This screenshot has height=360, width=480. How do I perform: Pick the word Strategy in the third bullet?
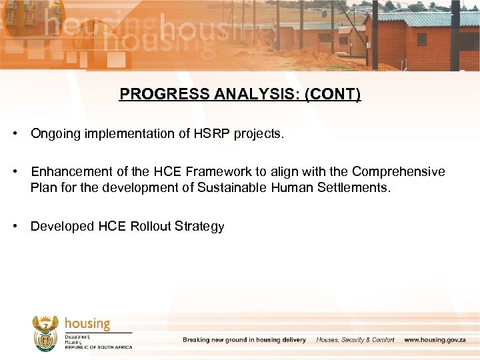tap(199, 226)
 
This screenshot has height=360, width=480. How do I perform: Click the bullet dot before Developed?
tap(14, 226)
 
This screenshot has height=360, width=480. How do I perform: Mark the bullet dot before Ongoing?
tap(14, 134)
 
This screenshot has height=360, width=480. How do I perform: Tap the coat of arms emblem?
tap(45, 333)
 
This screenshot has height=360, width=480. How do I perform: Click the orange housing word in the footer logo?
tap(87, 324)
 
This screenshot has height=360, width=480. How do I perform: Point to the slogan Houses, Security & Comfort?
tap(355, 340)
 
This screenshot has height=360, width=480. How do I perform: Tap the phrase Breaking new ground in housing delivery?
tap(244, 340)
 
